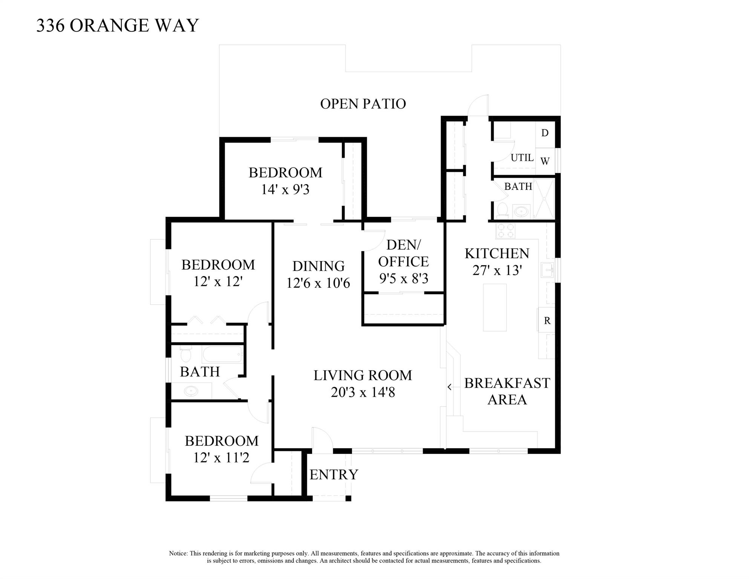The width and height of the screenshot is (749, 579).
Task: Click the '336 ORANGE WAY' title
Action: (117, 26)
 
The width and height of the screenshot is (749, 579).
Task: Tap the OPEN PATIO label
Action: (363, 104)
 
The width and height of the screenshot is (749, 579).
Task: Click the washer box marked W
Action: (545, 161)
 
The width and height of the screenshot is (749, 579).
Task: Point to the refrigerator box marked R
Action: (547, 320)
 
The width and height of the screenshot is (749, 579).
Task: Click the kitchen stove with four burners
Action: (505, 230)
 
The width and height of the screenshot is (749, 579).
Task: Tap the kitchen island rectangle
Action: (495, 307)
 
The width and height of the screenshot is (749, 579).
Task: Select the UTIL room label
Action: (522, 158)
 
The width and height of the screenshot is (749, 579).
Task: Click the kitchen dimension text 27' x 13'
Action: (497, 270)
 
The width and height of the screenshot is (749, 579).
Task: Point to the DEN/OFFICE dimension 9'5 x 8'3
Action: (404, 278)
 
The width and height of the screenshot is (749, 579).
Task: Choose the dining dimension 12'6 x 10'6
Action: (319, 283)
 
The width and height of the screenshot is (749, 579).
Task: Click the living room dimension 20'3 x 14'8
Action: (363, 392)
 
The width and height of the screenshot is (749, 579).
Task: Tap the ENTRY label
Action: (334, 475)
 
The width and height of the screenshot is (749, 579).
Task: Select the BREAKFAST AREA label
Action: (507, 391)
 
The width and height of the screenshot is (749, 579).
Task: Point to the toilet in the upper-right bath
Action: (502, 210)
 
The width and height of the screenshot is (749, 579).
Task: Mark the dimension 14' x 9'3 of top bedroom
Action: (285, 189)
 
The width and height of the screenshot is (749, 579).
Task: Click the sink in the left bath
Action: (191, 391)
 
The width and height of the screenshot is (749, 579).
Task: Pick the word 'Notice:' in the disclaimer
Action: (178, 553)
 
